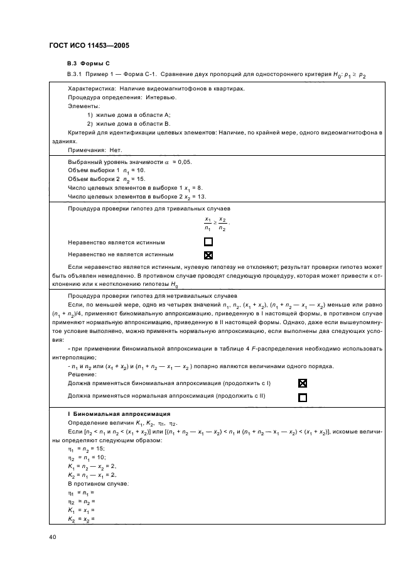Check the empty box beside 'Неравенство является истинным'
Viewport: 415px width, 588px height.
click(x=208, y=242)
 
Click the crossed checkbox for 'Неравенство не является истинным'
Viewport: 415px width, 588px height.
click(x=208, y=255)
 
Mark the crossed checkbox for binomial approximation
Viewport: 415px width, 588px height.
click(x=303, y=383)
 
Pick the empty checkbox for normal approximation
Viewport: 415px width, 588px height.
click(x=303, y=397)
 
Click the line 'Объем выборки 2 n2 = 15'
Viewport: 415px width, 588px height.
click(x=106, y=179)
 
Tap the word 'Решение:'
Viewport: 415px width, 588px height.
click(x=82, y=374)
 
